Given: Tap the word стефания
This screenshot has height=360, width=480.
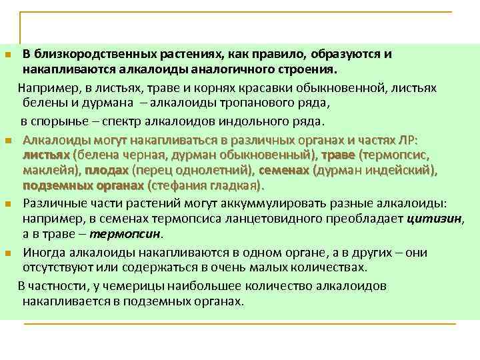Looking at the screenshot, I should (x=179, y=185).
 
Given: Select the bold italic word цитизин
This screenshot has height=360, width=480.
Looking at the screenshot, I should (x=433, y=219).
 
